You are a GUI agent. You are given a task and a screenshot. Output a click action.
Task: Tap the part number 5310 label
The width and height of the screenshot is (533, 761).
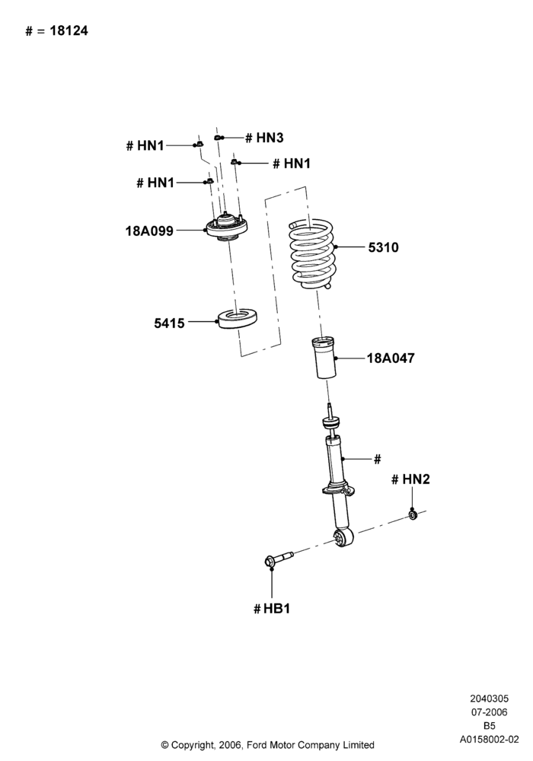(x=383, y=247)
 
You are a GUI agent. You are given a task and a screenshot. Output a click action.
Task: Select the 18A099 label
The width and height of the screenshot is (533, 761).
(x=149, y=231)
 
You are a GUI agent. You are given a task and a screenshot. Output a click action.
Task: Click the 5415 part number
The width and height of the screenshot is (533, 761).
(x=169, y=323)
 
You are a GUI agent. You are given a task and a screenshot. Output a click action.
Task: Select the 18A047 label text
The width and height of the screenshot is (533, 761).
(x=391, y=358)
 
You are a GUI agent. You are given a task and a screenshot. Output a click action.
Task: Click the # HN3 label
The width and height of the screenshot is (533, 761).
(x=264, y=138)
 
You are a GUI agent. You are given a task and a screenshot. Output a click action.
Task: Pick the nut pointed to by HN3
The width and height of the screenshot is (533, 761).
(x=219, y=137)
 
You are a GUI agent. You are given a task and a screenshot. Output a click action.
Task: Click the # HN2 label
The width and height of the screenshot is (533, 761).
(x=410, y=479)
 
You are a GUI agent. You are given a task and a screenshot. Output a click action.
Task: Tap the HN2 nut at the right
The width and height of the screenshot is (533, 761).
(x=413, y=514)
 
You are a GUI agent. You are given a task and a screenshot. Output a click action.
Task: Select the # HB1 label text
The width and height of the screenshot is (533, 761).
(x=272, y=609)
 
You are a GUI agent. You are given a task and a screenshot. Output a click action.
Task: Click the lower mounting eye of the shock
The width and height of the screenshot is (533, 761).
(x=345, y=537)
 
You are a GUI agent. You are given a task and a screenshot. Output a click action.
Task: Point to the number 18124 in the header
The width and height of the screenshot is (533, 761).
(x=69, y=31)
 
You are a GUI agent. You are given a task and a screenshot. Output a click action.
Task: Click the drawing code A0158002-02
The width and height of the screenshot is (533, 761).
(x=490, y=740)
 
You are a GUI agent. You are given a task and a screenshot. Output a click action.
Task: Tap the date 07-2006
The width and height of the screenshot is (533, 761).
(x=490, y=712)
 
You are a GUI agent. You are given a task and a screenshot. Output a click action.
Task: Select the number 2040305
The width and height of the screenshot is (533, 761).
(x=490, y=699)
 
